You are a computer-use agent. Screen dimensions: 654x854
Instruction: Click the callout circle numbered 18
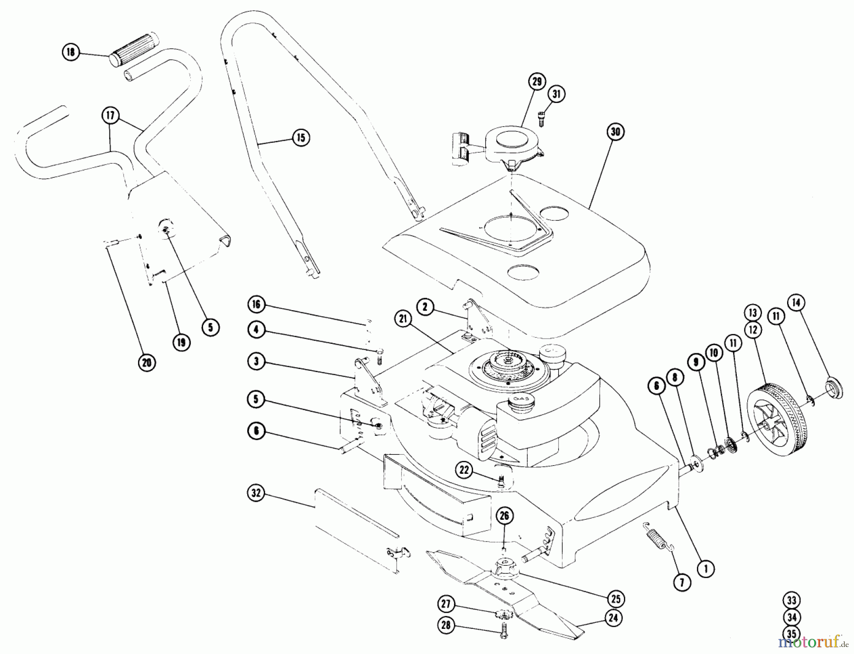(x=71, y=52)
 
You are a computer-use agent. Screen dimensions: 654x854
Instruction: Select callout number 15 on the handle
(x=301, y=138)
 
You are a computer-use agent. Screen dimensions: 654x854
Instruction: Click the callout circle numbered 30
(x=615, y=131)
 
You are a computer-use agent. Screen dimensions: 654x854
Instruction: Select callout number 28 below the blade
(x=446, y=626)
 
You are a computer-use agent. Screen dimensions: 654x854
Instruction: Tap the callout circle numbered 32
(x=256, y=493)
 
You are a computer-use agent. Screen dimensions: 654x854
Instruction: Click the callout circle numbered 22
(x=464, y=470)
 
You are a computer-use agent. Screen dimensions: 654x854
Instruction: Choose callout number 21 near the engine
(x=403, y=320)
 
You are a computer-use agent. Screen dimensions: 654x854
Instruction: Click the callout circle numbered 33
(x=791, y=600)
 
